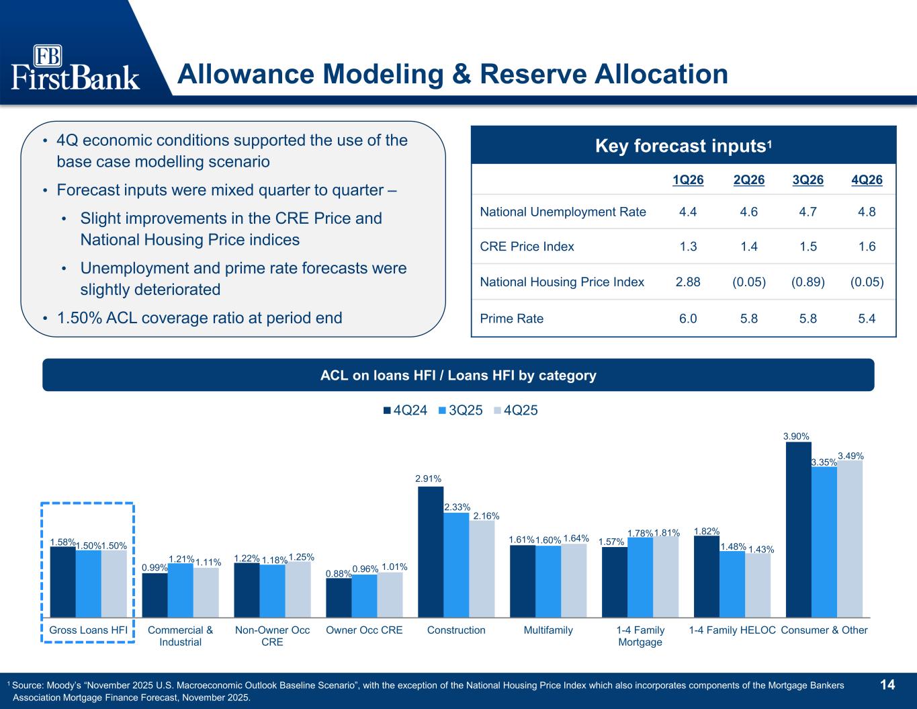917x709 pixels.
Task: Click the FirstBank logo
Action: [75, 67]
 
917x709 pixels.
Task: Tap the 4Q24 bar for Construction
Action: [431, 551]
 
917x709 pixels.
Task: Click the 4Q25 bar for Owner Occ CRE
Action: [390, 594]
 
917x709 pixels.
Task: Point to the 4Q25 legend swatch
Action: [497, 411]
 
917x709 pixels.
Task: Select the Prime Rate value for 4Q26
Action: [867, 319]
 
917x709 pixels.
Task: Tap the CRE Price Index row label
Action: [527, 247]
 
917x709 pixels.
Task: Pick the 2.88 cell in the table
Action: [688, 282]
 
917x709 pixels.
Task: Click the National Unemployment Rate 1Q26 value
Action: [688, 212]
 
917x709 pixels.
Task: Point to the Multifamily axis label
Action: [548, 630]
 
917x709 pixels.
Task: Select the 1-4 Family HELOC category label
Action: [732, 630]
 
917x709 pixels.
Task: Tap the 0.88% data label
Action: [338, 573]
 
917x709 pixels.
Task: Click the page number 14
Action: [887, 685]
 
